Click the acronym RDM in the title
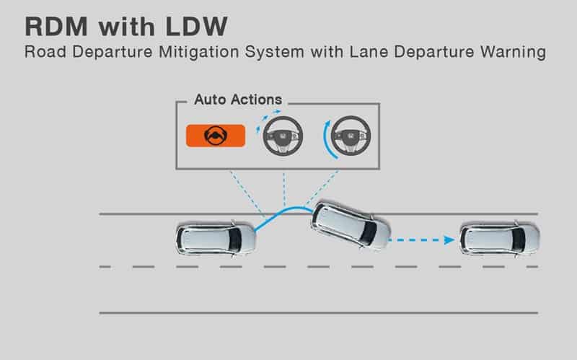pyautogui.click(x=56, y=27)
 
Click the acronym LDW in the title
pyautogui.click(x=196, y=27)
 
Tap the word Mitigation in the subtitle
pyautogui.click(x=199, y=52)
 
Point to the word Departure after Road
pyautogui.click(x=113, y=52)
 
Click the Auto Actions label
pyautogui.click(x=238, y=100)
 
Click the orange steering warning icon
pyautogui.click(x=216, y=136)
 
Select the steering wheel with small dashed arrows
pyautogui.click(x=283, y=136)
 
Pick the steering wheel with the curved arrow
pyautogui.click(x=351, y=136)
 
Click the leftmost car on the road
pyautogui.click(x=216, y=239)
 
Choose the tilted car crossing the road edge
pyautogui.click(x=351, y=225)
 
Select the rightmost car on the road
pyautogui.click(x=500, y=239)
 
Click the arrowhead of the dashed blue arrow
pyautogui.click(x=449, y=240)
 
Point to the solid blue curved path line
pyautogui.click(x=283, y=213)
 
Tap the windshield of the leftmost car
pyautogui.click(x=235, y=240)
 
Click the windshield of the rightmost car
pyautogui.click(x=519, y=240)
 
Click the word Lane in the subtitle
pyautogui.click(x=369, y=52)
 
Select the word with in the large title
pyautogui.click(x=127, y=27)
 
